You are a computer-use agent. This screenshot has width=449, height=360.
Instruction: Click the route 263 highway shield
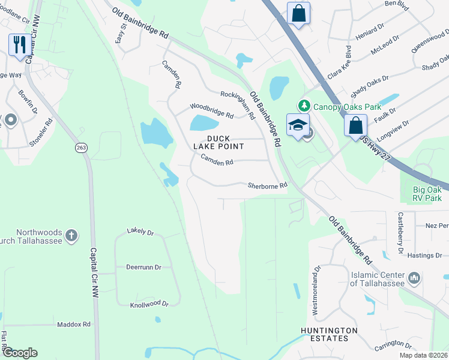point(81,148)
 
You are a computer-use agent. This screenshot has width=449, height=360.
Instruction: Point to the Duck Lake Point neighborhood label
point(218,142)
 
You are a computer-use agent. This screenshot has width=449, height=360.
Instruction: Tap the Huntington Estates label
point(330,334)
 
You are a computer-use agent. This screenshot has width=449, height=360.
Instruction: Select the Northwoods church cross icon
point(71,235)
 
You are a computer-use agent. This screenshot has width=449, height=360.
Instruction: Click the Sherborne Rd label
point(268,186)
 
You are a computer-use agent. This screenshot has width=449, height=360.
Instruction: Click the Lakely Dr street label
point(140,232)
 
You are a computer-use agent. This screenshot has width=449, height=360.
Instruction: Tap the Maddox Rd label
point(73,324)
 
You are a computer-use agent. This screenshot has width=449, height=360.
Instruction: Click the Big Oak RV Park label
point(427,193)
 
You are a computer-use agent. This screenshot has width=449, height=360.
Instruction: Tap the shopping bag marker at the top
point(298,13)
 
